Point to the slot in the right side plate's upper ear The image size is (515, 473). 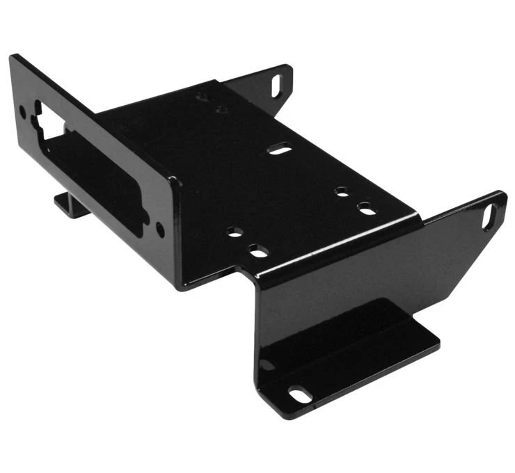point(489,216)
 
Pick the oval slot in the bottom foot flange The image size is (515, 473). point(299,395)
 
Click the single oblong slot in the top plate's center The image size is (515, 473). point(280,149)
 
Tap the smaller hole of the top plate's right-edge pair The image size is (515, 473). point(341,191)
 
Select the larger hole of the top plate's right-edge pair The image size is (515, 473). point(366,208)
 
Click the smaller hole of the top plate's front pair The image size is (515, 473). point(235,232)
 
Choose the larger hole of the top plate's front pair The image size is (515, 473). point(260,251)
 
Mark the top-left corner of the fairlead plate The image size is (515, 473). point(13,57)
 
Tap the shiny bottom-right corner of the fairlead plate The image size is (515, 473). point(182,287)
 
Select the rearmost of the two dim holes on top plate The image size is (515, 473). point(202,97)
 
